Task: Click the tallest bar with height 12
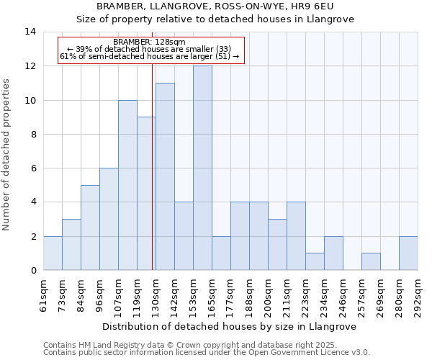pyautogui.click(x=202, y=168)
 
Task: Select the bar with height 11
pyautogui.click(x=165, y=176)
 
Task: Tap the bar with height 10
pyautogui.click(x=127, y=185)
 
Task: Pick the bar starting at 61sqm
pyautogui.click(x=53, y=253)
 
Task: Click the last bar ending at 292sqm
pyautogui.click(x=408, y=253)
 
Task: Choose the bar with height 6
pyautogui.click(x=109, y=220)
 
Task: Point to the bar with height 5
pyautogui.click(x=90, y=228)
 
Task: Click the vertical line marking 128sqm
pyautogui.click(x=153, y=166)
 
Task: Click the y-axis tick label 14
pyautogui.click(x=30, y=32)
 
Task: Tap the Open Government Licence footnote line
pyautogui.click(x=207, y=353)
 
